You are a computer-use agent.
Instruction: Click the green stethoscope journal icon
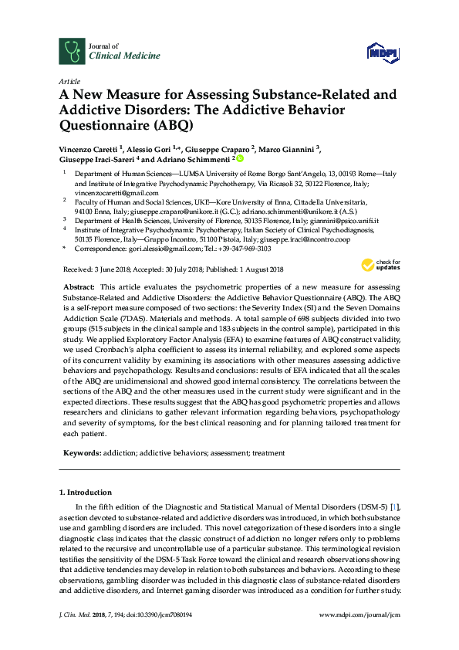(x=72, y=51)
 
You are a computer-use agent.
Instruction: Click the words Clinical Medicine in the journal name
(x=115, y=56)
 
